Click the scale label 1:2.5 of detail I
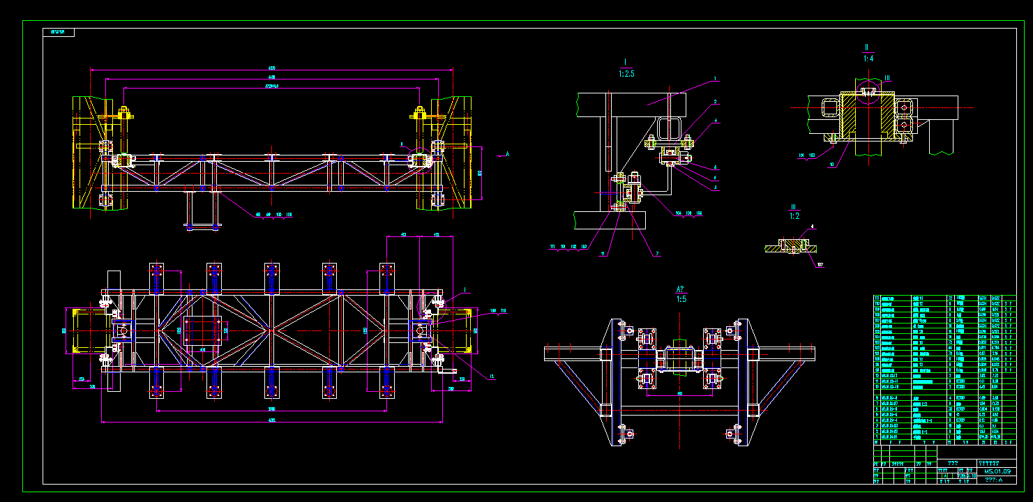(626, 73)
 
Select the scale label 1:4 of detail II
(868, 59)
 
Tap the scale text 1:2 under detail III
(794, 216)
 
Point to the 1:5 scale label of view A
(681, 299)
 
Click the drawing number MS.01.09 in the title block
(997, 471)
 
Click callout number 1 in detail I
(715, 79)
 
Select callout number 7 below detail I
(656, 254)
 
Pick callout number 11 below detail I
(603, 254)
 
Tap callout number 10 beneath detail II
(831, 165)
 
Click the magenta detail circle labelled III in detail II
(868, 91)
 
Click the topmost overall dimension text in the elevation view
(271, 68)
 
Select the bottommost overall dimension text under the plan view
(271, 420)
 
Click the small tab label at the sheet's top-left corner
(58, 32)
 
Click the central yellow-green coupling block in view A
(680, 359)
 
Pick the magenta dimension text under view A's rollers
(680, 393)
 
